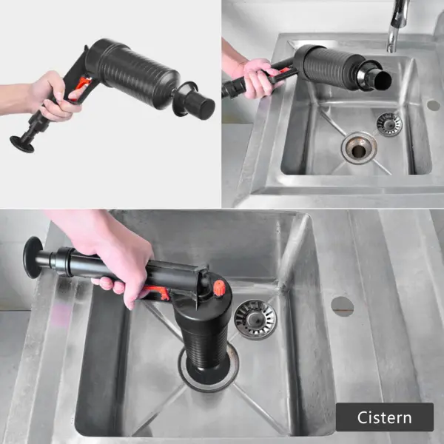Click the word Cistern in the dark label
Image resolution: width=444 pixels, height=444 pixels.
384,417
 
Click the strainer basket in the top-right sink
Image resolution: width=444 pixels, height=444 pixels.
388,124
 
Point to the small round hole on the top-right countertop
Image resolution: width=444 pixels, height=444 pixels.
433,105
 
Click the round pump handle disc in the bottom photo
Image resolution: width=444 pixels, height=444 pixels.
32,257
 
